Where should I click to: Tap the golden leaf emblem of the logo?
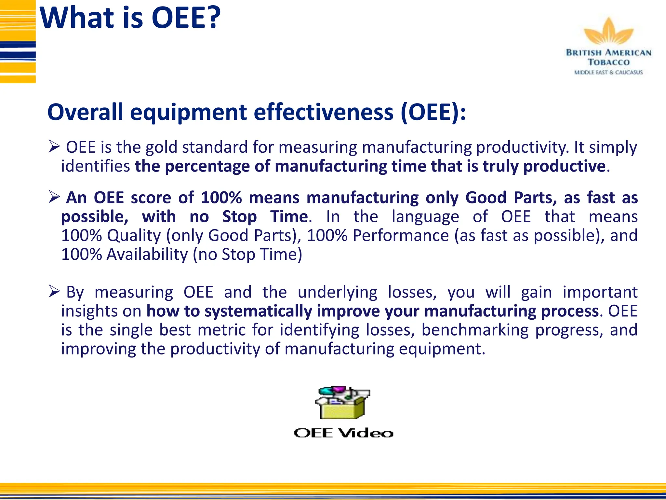coord(608,33)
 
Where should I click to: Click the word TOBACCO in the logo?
coord(608,62)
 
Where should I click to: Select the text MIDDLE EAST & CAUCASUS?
coord(608,72)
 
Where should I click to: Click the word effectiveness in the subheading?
coord(323,112)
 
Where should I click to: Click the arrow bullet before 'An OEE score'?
coord(54,197)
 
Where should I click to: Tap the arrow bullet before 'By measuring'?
coord(54,291)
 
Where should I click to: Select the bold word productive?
coord(564,166)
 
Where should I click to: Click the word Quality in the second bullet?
coord(134,235)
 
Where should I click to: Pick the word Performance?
coord(401,235)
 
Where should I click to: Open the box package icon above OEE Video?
coord(342,403)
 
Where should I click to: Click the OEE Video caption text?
coord(343,433)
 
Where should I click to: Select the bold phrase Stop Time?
coord(265,216)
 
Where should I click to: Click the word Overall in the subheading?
coord(85,112)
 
